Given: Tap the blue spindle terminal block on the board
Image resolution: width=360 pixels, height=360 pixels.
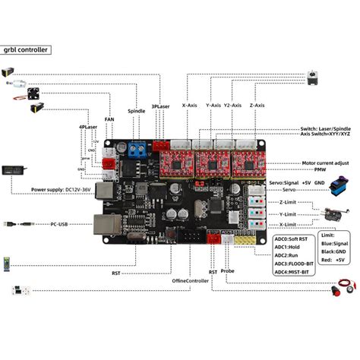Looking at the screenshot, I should [x=138, y=147].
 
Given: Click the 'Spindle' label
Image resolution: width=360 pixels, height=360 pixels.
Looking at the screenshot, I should [x=137, y=110].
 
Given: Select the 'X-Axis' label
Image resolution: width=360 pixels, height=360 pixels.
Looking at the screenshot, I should [x=189, y=105].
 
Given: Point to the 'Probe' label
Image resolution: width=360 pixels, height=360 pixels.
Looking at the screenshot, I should [x=228, y=270].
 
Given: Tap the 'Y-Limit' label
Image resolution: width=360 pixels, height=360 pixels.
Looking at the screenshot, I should [x=287, y=214].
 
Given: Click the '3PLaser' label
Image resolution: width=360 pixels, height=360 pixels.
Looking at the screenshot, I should [x=160, y=106].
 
